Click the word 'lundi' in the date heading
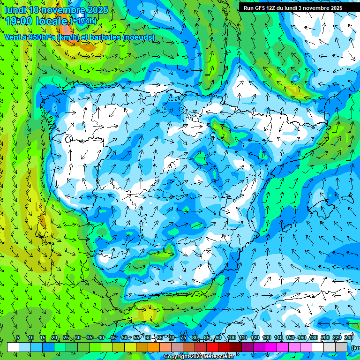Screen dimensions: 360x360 click(x=15, y=10)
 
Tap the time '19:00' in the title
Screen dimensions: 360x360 click(x=20, y=21)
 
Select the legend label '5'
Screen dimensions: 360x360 click(x=18, y=338)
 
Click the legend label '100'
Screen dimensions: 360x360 click(x=231, y=338)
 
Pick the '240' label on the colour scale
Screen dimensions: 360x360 click(x=349, y=338)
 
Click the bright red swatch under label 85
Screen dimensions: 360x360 click(x=212, y=347)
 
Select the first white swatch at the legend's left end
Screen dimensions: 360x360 click(x=13, y=347)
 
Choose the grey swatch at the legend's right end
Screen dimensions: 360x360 click(x=341, y=347)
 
